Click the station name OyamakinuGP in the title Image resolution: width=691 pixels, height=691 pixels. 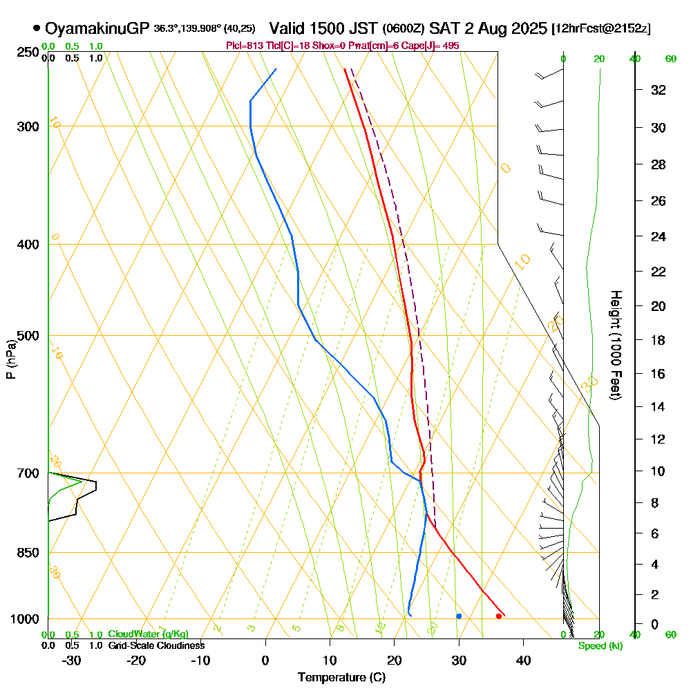click(x=97, y=28)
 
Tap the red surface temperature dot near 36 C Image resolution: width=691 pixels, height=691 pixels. click(x=498, y=616)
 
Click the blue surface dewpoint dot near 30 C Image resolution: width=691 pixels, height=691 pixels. click(x=459, y=616)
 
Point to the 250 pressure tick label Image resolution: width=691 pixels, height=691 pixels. click(x=26, y=52)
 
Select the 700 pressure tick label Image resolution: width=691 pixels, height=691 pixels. click(x=26, y=473)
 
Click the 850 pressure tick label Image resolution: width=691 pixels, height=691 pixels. click(x=26, y=552)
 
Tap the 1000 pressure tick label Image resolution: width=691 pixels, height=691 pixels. click(x=23, y=619)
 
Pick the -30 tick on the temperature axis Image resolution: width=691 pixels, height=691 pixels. click(x=71, y=660)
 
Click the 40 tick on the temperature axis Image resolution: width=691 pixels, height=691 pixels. click(x=523, y=660)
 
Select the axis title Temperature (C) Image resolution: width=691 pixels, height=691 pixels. click(x=341, y=678)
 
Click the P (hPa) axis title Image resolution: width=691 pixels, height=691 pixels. click(x=10, y=359)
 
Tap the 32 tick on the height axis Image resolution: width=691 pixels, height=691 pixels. click(x=659, y=90)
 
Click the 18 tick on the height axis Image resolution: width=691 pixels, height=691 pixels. click(x=659, y=340)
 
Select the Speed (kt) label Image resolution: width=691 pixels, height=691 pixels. click(x=600, y=646)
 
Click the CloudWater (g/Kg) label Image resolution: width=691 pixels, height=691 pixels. click(x=148, y=634)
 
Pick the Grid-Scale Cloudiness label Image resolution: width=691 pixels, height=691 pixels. click(x=155, y=645)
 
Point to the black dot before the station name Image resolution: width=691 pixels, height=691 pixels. click(x=36, y=28)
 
